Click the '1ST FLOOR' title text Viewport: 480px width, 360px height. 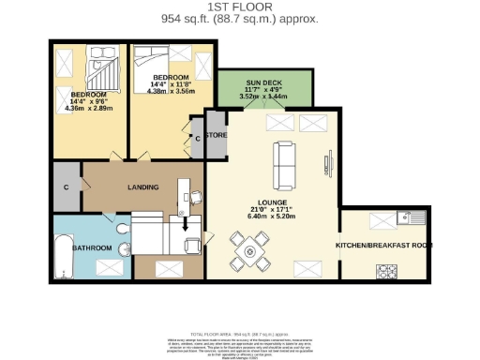coord(239,7)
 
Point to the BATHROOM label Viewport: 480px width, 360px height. coord(93,247)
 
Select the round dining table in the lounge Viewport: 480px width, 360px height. coord(249,250)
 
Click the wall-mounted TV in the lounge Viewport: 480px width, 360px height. coord(329,162)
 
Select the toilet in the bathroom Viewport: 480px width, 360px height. coord(123,232)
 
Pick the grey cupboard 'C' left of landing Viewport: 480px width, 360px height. coord(66,187)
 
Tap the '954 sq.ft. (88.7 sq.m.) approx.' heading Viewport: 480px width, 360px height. coord(239,19)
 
